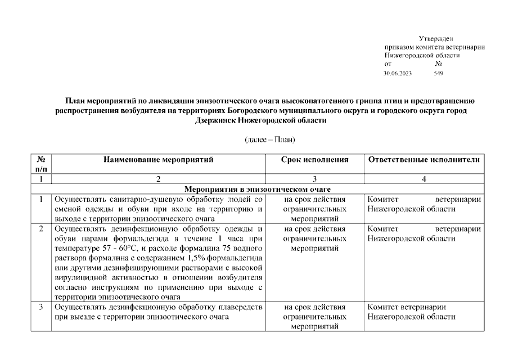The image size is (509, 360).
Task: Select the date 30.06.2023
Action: pos(398,74)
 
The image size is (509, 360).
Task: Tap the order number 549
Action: pos(439,74)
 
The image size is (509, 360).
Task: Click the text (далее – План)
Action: pos(269,139)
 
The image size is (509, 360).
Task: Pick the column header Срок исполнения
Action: pos(314,160)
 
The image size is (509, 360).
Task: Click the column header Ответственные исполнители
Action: pos(424,160)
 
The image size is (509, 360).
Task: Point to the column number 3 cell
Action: pos(314,179)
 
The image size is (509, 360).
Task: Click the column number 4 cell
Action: pos(424,179)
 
